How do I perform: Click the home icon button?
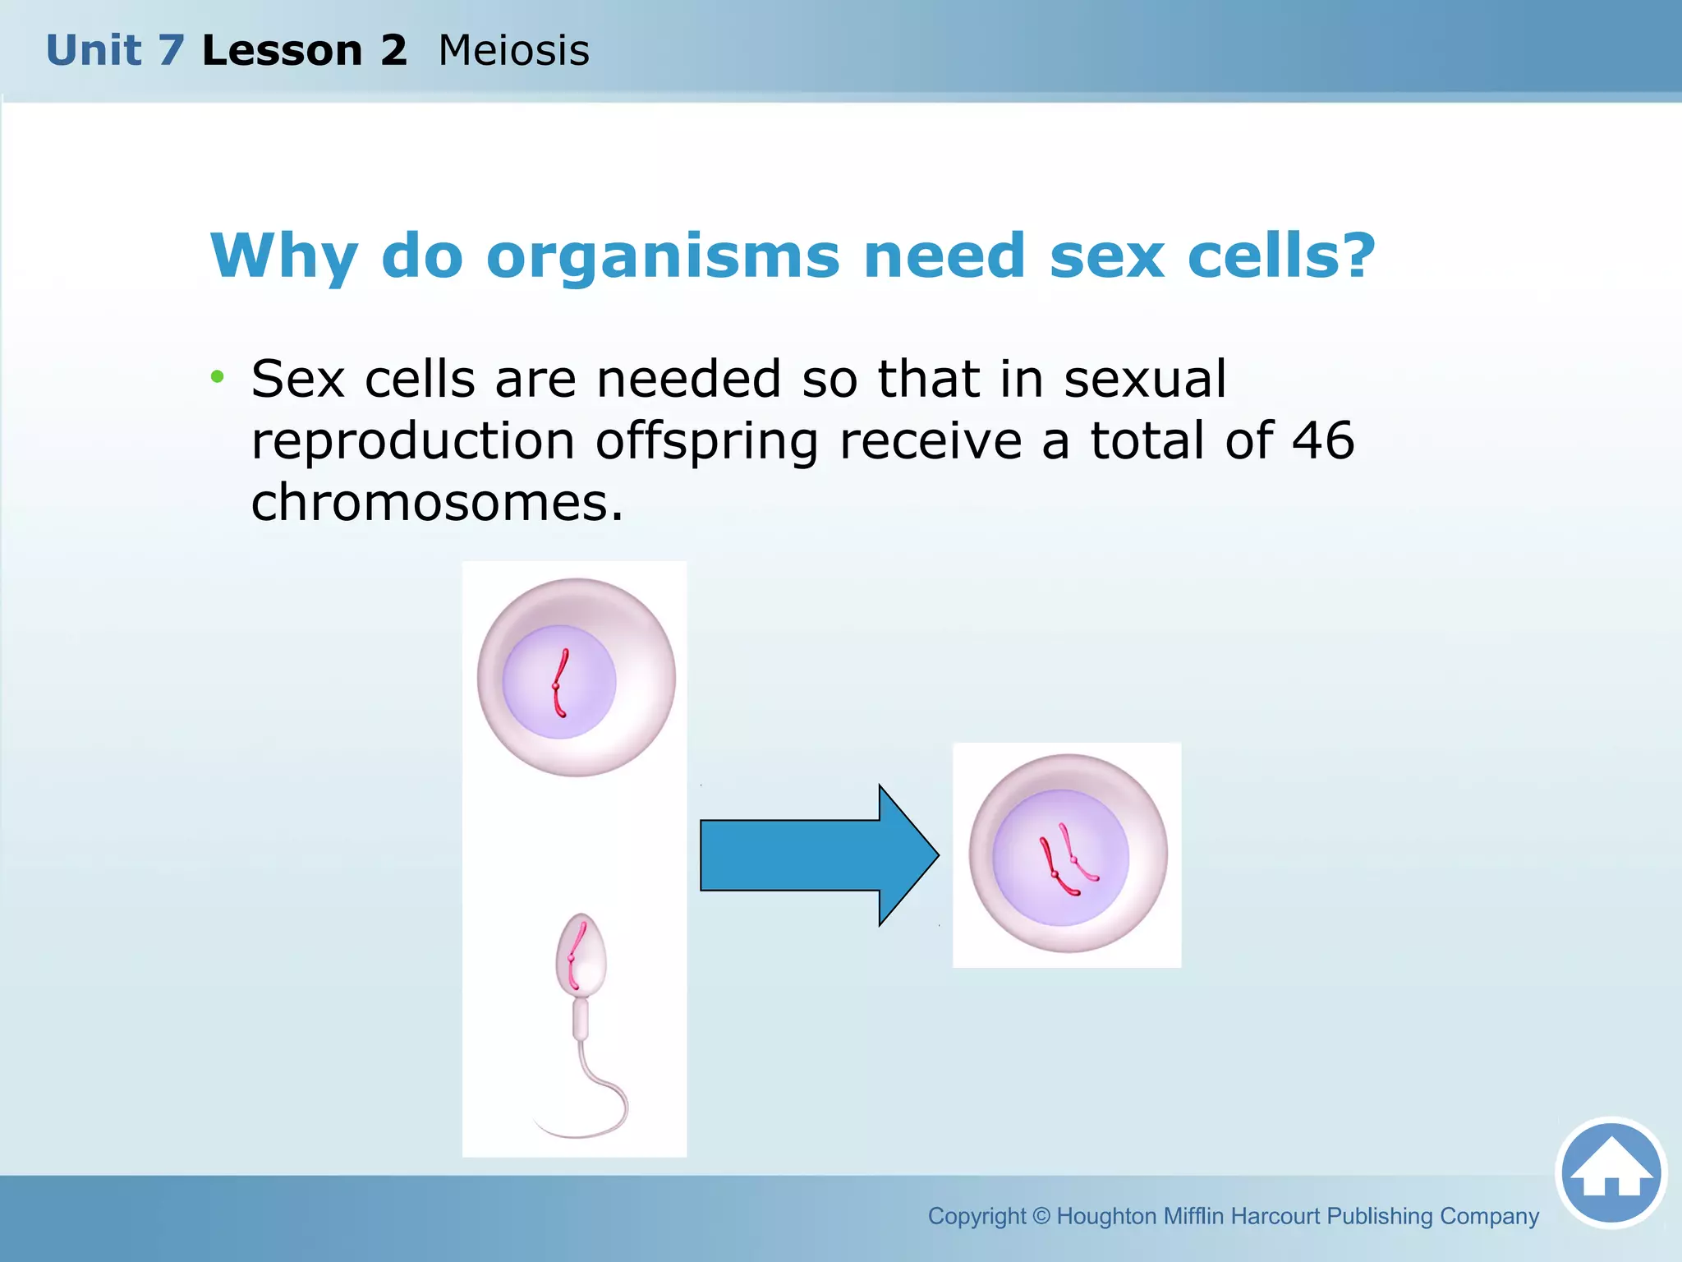pyautogui.click(x=1611, y=1172)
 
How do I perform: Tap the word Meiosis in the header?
pyautogui.click(x=513, y=51)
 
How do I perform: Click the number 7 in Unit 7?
pyautogui.click(x=171, y=51)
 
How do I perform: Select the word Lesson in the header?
pyautogui.click(x=282, y=51)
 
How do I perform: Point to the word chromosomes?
pyautogui.click(x=436, y=502)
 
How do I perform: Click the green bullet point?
pyautogui.click(x=217, y=377)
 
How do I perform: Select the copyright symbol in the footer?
pyautogui.click(x=1041, y=1216)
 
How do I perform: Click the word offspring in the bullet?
pyautogui.click(x=706, y=442)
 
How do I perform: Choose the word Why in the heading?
pyautogui.click(x=283, y=257)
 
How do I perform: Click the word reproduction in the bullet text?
pyautogui.click(x=412, y=442)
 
